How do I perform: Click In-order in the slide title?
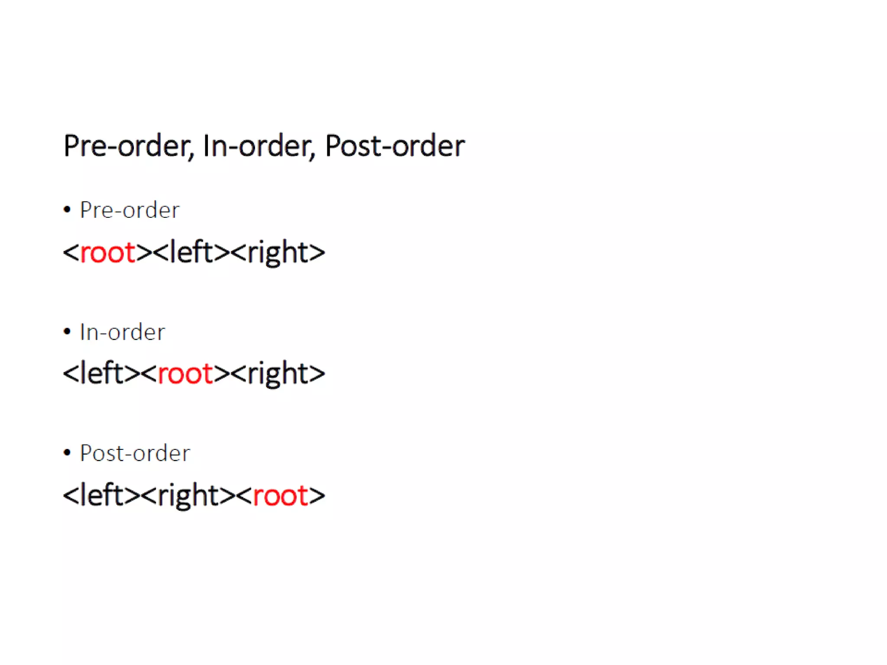258,146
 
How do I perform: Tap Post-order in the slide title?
395,146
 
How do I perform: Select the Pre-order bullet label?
129,210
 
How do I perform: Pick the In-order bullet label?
123,332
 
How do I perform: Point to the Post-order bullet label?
135,454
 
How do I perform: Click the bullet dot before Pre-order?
67,210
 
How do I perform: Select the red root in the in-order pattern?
185,373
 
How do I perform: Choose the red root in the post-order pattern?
280,495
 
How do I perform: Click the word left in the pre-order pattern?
191,252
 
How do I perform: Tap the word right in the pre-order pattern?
278,253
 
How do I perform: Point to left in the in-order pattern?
101,373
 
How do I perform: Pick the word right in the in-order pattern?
278,374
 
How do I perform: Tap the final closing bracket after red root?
317,496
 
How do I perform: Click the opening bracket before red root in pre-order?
71,252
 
